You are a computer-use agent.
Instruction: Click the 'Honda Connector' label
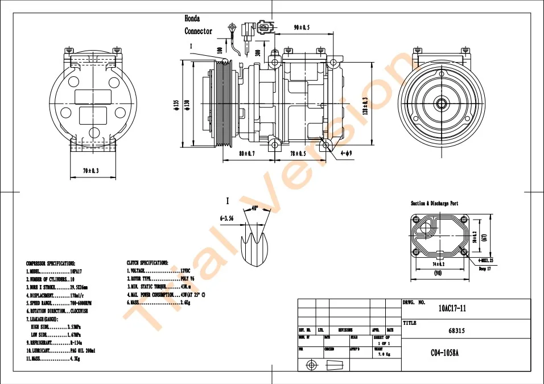tap(198, 25)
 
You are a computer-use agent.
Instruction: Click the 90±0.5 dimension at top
tap(301, 27)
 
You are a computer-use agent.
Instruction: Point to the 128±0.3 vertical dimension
tap(365, 105)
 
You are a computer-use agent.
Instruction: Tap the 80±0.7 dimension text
tap(246, 154)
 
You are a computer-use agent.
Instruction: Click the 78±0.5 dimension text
tap(298, 154)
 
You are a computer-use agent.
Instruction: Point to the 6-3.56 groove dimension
tap(226, 217)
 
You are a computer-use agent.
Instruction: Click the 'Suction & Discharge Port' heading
tap(434, 203)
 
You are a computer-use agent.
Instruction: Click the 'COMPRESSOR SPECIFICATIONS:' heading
tap(51, 263)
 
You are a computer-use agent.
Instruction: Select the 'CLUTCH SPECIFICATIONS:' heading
tap(147, 263)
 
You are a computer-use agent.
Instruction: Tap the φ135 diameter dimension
tap(176, 105)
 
